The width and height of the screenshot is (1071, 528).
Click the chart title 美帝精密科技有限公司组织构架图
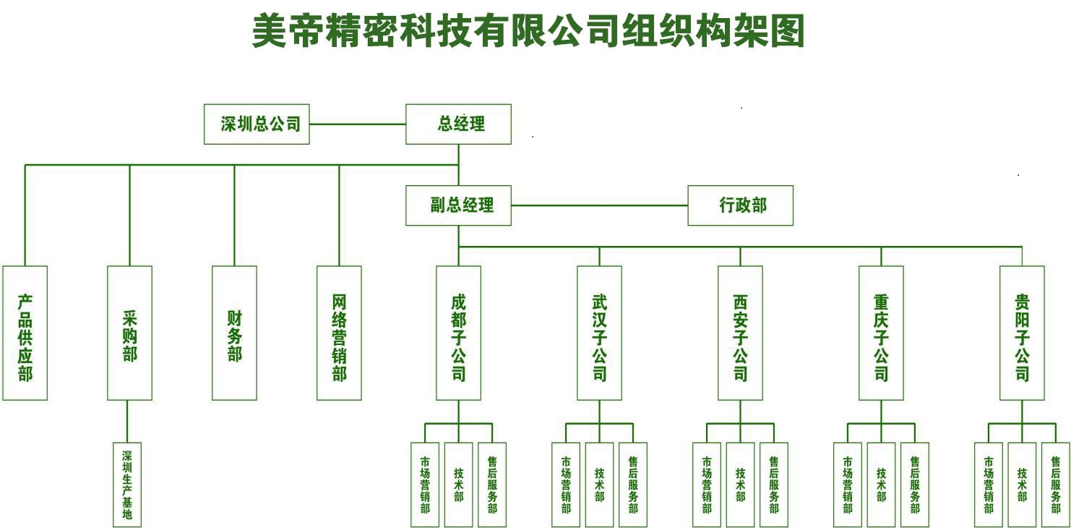point(528,32)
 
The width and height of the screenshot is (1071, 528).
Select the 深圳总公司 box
point(257,124)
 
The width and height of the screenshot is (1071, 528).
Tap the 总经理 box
point(458,124)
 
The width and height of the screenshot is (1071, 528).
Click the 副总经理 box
point(458,205)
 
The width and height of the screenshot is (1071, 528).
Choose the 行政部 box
point(740,205)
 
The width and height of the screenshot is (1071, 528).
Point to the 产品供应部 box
point(25,333)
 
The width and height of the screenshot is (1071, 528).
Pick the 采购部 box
point(129,333)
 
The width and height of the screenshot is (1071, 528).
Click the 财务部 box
point(234,333)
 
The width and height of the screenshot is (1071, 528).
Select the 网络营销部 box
point(339,333)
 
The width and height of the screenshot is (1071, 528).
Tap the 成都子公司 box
point(458,333)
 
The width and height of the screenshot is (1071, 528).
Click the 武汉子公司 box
point(599,333)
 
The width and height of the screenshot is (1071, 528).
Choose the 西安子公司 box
point(740,333)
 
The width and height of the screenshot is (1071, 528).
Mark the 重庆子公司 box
point(881,333)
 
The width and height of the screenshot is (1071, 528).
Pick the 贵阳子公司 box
point(1022,333)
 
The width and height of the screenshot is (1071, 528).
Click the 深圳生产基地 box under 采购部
point(127,485)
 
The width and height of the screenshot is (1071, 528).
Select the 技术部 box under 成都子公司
point(458,485)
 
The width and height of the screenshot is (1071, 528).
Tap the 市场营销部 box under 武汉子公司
point(566,485)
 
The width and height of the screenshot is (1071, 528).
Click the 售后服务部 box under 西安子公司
point(773,485)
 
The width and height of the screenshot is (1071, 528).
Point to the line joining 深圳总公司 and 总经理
point(357,124)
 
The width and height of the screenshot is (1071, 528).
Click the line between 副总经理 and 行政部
point(599,205)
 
